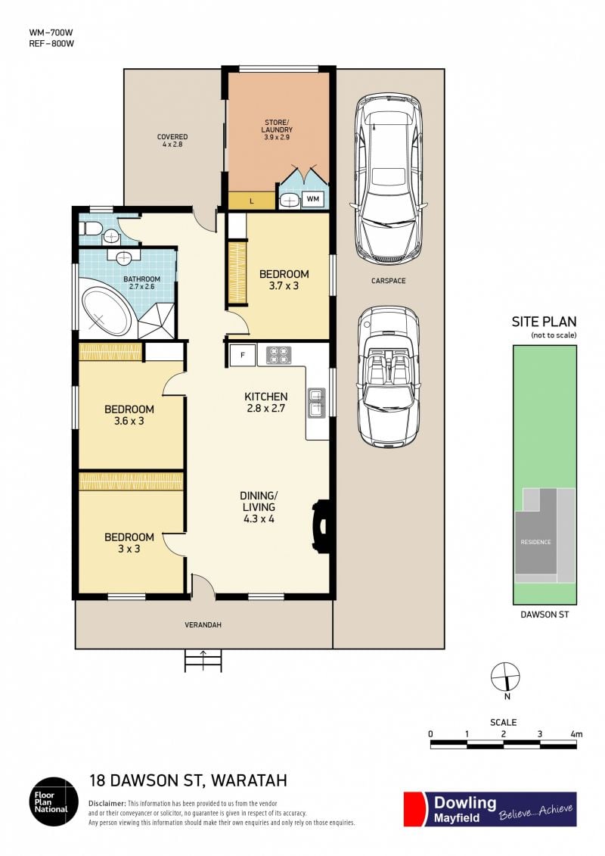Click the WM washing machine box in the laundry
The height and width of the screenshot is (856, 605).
tap(312, 199)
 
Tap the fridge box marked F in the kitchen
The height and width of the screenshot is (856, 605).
tap(243, 356)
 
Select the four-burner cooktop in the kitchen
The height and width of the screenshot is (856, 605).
tap(278, 356)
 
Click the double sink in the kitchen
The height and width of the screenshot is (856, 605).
tap(316, 403)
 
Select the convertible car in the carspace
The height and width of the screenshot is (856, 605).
tap(389, 377)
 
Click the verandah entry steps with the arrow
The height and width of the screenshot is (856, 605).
tap(203, 661)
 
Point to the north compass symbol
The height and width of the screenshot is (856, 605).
tap(505, 677)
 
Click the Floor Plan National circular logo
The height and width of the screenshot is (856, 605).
tap(54, 802)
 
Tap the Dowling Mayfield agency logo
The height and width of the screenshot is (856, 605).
tap(490, 809)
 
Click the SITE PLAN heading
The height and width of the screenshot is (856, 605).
tap(544, 322)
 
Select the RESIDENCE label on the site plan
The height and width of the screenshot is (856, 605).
tap(535, 542)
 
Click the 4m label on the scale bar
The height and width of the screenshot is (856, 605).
tap(576, 734)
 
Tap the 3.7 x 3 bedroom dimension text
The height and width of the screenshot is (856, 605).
tap(284, 285)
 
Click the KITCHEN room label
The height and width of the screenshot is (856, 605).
tap(265, 397)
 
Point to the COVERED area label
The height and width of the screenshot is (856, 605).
tap(172, 137)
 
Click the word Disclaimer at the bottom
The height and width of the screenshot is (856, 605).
tap(107, 804)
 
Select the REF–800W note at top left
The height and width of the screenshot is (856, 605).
tap(51, 44)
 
